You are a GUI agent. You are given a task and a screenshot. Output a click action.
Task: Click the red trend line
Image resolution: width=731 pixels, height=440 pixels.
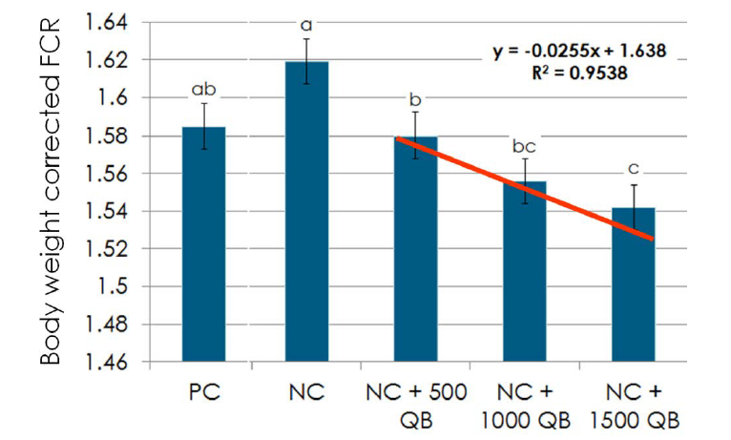525,186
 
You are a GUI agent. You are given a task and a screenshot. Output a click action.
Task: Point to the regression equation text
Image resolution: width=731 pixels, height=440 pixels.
579,50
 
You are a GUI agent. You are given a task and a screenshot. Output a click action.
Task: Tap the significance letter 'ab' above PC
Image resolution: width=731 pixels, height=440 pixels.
204,90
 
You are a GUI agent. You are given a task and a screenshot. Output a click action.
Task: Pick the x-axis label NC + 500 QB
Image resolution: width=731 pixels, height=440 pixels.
416,406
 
